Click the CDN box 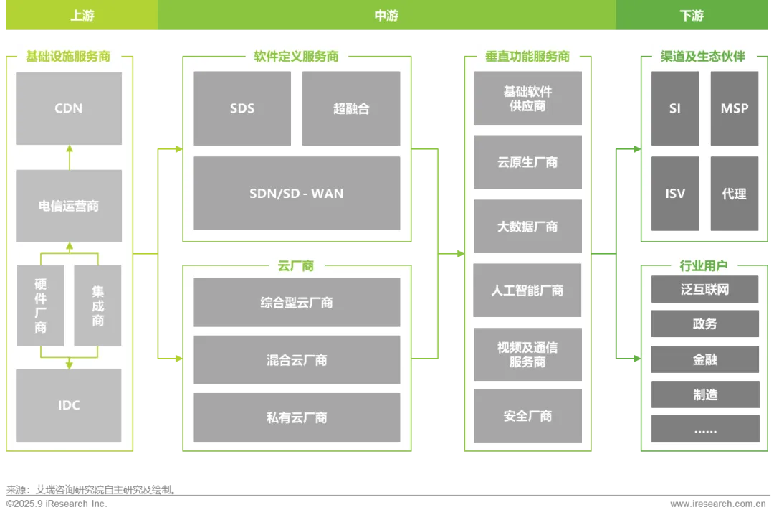(x=69, y=108)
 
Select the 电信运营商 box (x=69, y=206)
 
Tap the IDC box (x=69, y=405)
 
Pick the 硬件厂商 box (x=41, y=306)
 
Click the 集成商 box (x=97, y=306)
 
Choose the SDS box (x=242, y=108)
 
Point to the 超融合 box (x=351, y=108)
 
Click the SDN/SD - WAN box (x=297, y=194)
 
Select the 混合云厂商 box (x=297, y=359)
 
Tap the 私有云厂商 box (x=297, y=417)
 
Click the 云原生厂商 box (x=527, y=162)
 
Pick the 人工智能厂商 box (x=527, y=290)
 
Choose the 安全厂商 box (x=527, y=416)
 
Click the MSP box (x=735, y=108)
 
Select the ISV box (x=675, y=194)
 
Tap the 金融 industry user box (x=704, y=359)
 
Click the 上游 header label (x=82, y=16)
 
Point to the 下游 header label (x=692, y=16)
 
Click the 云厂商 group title (x=296, y=265)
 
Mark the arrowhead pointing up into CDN (x=70, y=148)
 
